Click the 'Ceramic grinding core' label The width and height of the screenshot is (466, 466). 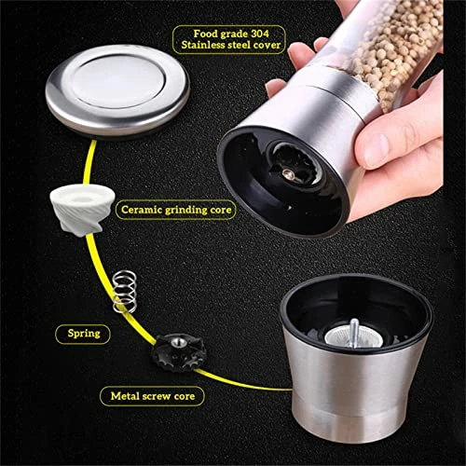176,211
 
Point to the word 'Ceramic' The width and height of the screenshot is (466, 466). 142,211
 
